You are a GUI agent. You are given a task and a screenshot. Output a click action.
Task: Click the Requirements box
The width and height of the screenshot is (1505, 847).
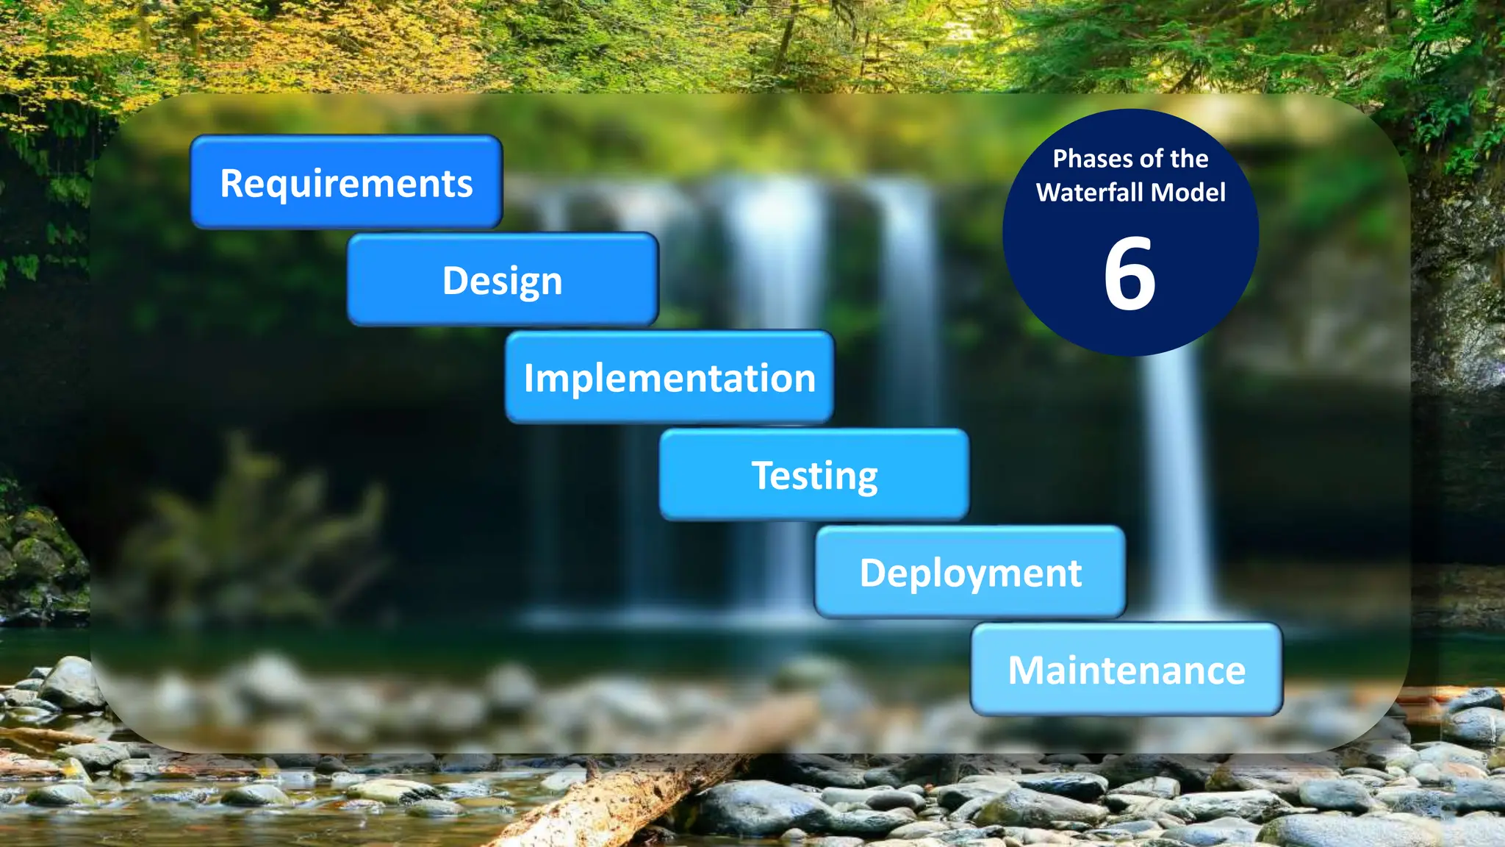point(346,182)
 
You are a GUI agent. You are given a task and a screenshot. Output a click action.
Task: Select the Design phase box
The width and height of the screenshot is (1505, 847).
point(503,279)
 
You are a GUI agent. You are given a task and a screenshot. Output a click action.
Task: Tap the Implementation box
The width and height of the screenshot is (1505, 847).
point(669,377)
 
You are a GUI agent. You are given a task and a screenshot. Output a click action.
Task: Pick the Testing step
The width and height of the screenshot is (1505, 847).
point(814,475)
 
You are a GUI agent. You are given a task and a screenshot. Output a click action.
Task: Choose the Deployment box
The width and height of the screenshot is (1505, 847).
point(970,572)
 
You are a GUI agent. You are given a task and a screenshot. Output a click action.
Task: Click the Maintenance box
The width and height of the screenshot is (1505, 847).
point(1127,670)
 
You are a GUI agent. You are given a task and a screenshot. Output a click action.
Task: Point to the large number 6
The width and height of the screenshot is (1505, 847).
point(1130,274)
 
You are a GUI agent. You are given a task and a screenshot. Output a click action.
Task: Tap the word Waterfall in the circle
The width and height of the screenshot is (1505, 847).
point(1090,193)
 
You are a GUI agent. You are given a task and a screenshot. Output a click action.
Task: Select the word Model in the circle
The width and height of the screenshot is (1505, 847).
point(1188,193)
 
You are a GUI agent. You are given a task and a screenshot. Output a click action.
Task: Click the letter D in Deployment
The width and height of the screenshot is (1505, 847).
point(873,573)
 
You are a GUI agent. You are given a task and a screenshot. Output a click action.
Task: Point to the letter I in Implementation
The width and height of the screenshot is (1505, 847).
point(528,378)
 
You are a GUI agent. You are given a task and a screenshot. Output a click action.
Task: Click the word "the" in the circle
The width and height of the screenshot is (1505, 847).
point(1189,159)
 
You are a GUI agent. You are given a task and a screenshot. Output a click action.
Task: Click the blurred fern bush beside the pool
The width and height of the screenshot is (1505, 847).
point(257,529)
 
